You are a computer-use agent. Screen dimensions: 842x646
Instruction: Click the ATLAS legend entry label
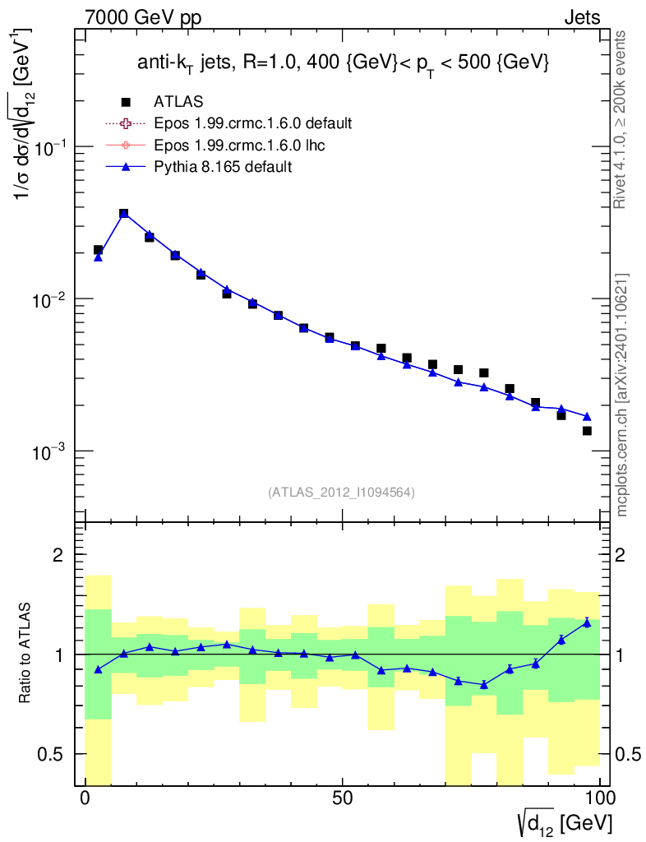click(178, 102)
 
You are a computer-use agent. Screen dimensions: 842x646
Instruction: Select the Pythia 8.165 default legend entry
click(223, 167)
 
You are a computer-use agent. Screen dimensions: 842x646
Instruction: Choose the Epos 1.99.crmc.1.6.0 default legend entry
click(253, 124)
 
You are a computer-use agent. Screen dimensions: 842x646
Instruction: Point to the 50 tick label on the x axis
click(343, 798)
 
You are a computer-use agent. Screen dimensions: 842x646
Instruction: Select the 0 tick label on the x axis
click(85, 798)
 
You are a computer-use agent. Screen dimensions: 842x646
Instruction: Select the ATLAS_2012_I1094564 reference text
click(341, 493)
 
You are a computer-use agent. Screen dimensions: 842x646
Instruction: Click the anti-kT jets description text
click(343, 64)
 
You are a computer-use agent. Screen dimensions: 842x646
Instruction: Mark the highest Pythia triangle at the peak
click(124, 213)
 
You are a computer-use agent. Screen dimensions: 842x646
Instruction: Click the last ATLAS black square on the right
click(587, 431)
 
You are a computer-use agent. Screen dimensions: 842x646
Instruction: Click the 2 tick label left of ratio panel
click(58, 555)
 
